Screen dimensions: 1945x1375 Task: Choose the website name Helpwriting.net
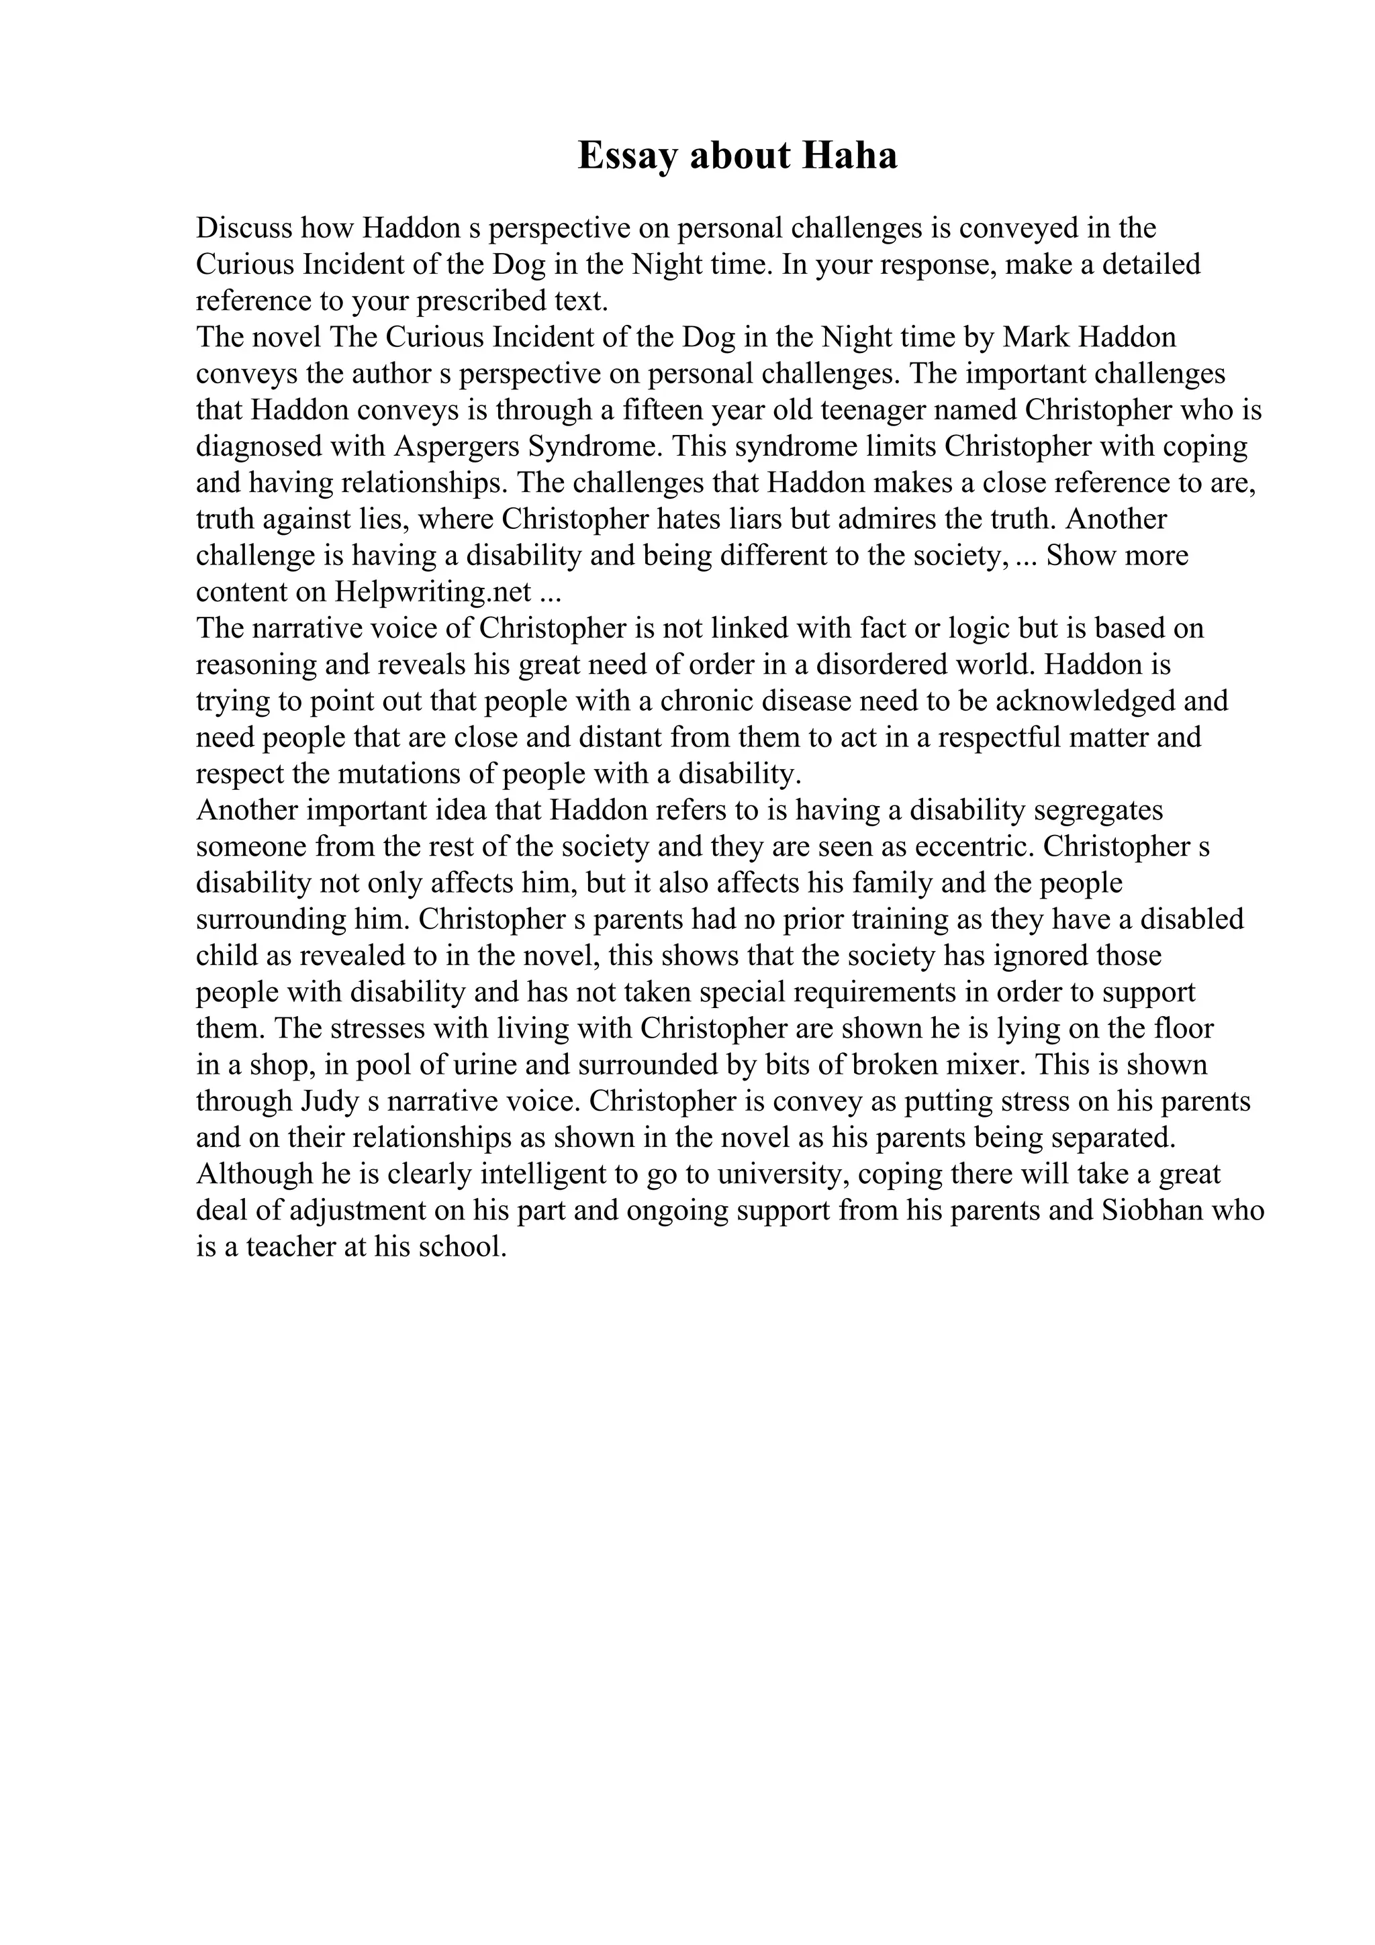click(433, 592)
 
